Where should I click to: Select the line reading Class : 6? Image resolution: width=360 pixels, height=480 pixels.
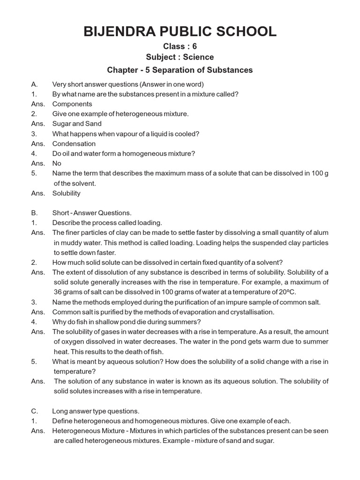click(x=180, y=46)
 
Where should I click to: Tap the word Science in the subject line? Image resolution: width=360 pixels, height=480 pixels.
click(x=196, y=57)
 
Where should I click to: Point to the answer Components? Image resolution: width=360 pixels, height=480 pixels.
click(x=72, y=104)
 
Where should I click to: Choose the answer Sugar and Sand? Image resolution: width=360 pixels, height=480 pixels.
click(x=77, y=124)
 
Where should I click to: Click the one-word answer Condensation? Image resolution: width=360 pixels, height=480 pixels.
click(x=74, y=143)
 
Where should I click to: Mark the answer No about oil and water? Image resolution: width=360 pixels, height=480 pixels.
click(x=57, y=163)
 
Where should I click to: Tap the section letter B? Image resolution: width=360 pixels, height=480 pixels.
click(x=34, y=213)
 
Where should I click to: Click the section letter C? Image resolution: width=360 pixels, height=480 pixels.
click(x=34, y=411)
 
